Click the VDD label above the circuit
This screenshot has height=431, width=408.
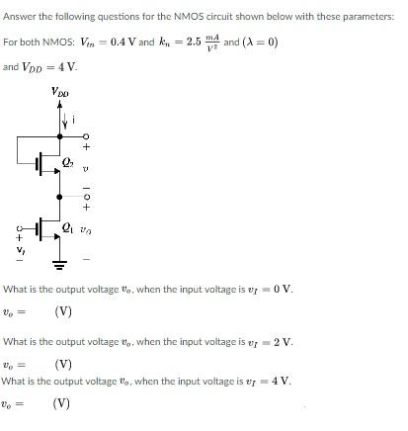[x=60, y=94]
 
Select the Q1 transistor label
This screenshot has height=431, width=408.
[x=67, y=226]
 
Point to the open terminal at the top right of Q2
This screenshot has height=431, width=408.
[x=87, y=136]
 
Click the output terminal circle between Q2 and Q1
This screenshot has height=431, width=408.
[x=87, y=196]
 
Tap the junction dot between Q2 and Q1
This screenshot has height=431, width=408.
[x=59, y=196]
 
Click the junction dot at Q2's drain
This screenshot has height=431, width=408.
[x=59, y=136]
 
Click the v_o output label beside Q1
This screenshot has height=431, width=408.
[x=86, y=228]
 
